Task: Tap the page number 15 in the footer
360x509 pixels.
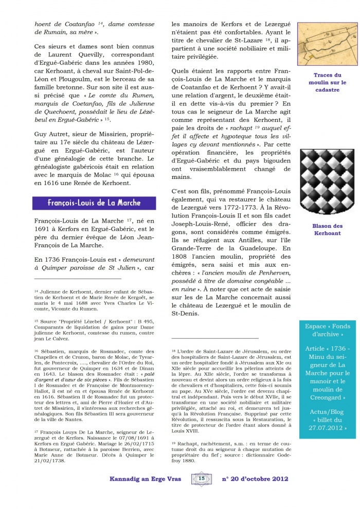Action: click(x=201, y=479)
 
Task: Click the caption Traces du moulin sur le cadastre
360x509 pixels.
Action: click(x=328, y=82)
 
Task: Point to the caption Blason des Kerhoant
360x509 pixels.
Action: click(x=328, y=229)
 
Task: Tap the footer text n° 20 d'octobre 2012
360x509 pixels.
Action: click(x=255, y=479)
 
